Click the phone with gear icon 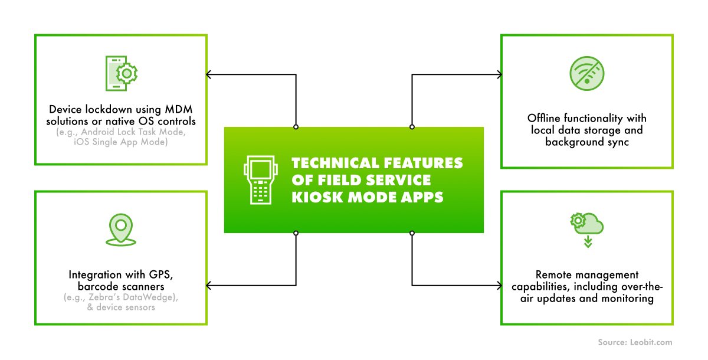121,73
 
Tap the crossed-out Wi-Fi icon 587,73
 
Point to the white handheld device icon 260,180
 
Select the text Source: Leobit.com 634,342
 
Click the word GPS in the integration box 160,274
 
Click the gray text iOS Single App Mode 121,142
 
